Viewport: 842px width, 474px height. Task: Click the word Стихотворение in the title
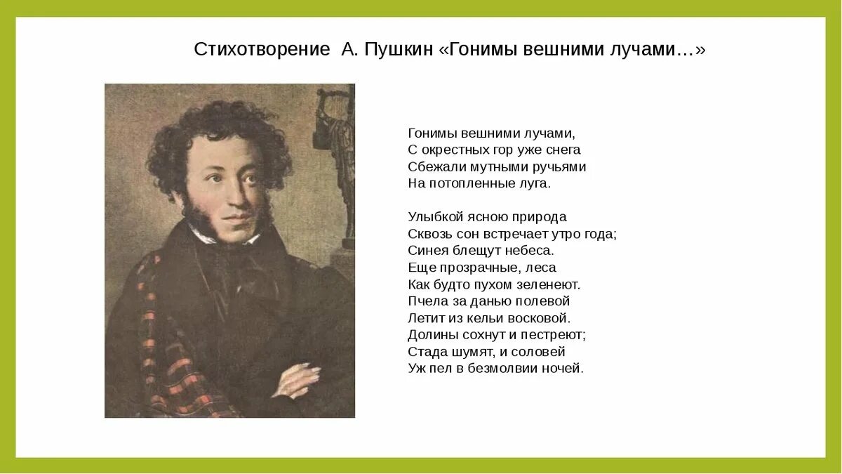click(262, 49)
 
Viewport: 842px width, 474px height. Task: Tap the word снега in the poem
click(563, 150)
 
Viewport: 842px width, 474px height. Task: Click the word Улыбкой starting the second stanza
click(435, 218)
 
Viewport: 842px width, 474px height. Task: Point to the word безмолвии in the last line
click(502, 369)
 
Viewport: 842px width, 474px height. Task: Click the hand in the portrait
click(298, 379)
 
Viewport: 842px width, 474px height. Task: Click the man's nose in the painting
click(238, 197)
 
